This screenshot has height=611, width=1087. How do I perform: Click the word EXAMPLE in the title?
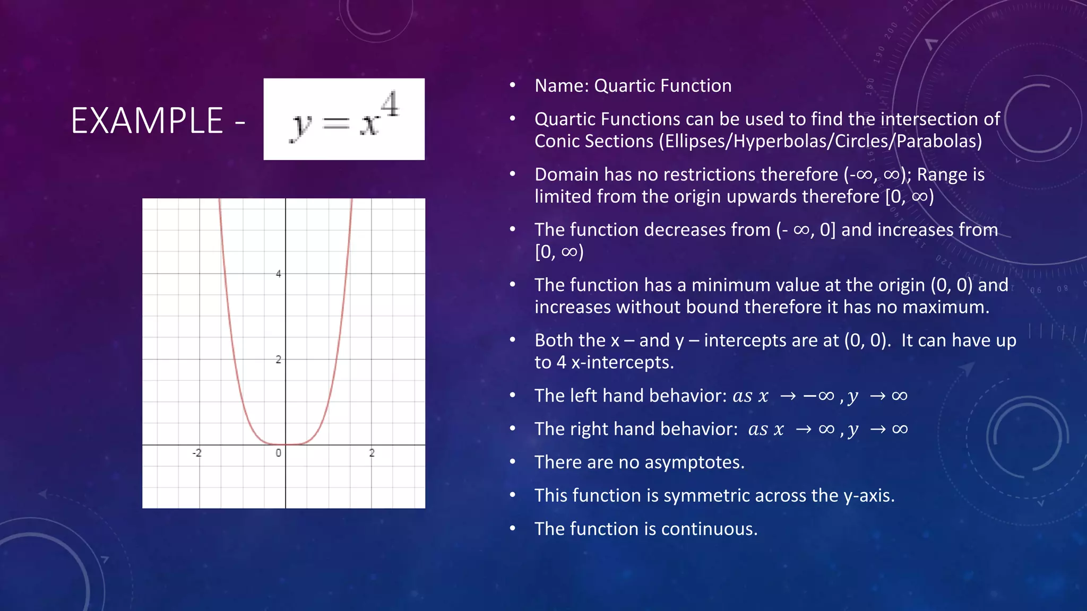[147, 121]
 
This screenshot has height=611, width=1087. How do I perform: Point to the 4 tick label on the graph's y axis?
[279, 274]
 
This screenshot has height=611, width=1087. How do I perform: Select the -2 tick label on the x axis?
[197, 453]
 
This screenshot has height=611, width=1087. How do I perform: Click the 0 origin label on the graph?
[278, 453]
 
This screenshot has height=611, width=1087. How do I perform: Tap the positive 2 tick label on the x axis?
[372, 453]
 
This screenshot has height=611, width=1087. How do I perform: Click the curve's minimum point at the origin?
[286, 444]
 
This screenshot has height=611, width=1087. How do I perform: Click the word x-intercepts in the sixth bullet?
[622, 362]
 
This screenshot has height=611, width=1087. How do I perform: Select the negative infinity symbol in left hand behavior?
[819, 396]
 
